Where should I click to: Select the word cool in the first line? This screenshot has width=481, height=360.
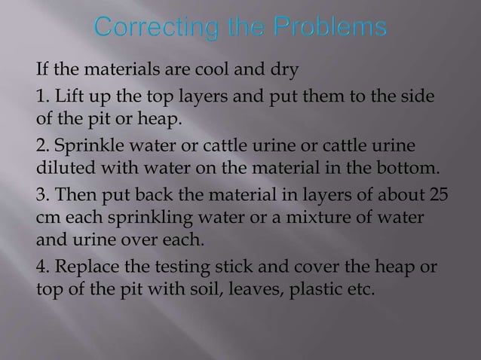coord(213,72)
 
